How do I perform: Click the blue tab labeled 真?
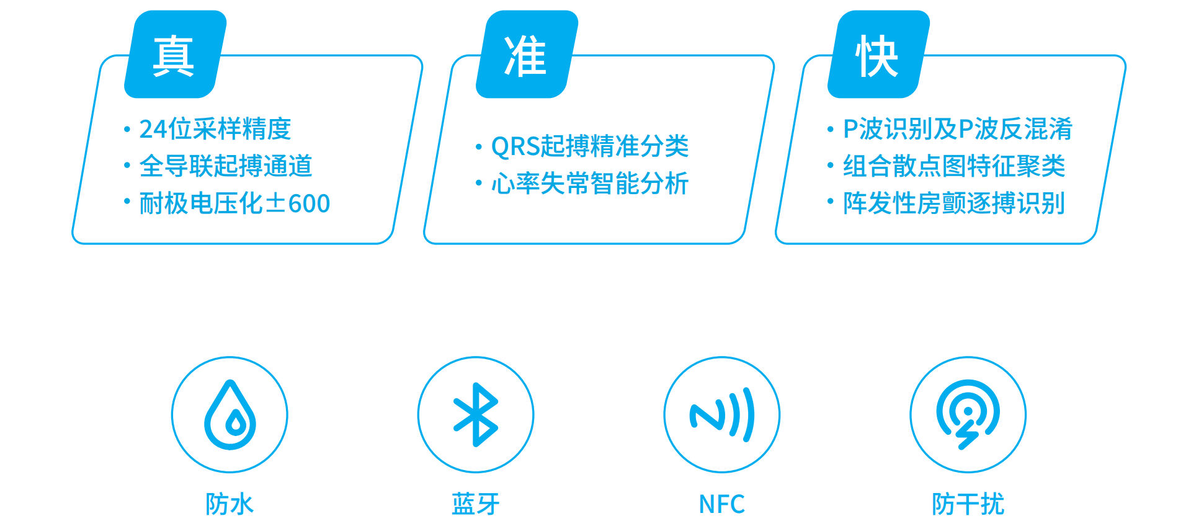point(174,55)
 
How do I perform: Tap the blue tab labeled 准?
point(526,55)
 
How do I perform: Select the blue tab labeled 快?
point(877,55)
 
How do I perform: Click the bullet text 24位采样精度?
point(215,129)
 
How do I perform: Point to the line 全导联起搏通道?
point(225,166)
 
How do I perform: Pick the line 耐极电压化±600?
point(234,203)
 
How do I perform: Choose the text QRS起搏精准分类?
point(590,147)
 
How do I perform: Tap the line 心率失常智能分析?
point(590,184)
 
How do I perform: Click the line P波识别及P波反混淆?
point(958,129)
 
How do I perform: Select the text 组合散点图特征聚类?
point(954,166)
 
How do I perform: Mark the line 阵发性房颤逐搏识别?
point(954,203)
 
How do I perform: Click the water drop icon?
point(230,414)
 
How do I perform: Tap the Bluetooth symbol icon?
point(476,414)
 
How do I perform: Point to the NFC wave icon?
point(722,414)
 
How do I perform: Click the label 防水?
point(230,504)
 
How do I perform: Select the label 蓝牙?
point(476,504)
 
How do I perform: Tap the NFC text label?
point(722,504)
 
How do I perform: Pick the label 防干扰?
point(968,504)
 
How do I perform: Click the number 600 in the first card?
point(310,203)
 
